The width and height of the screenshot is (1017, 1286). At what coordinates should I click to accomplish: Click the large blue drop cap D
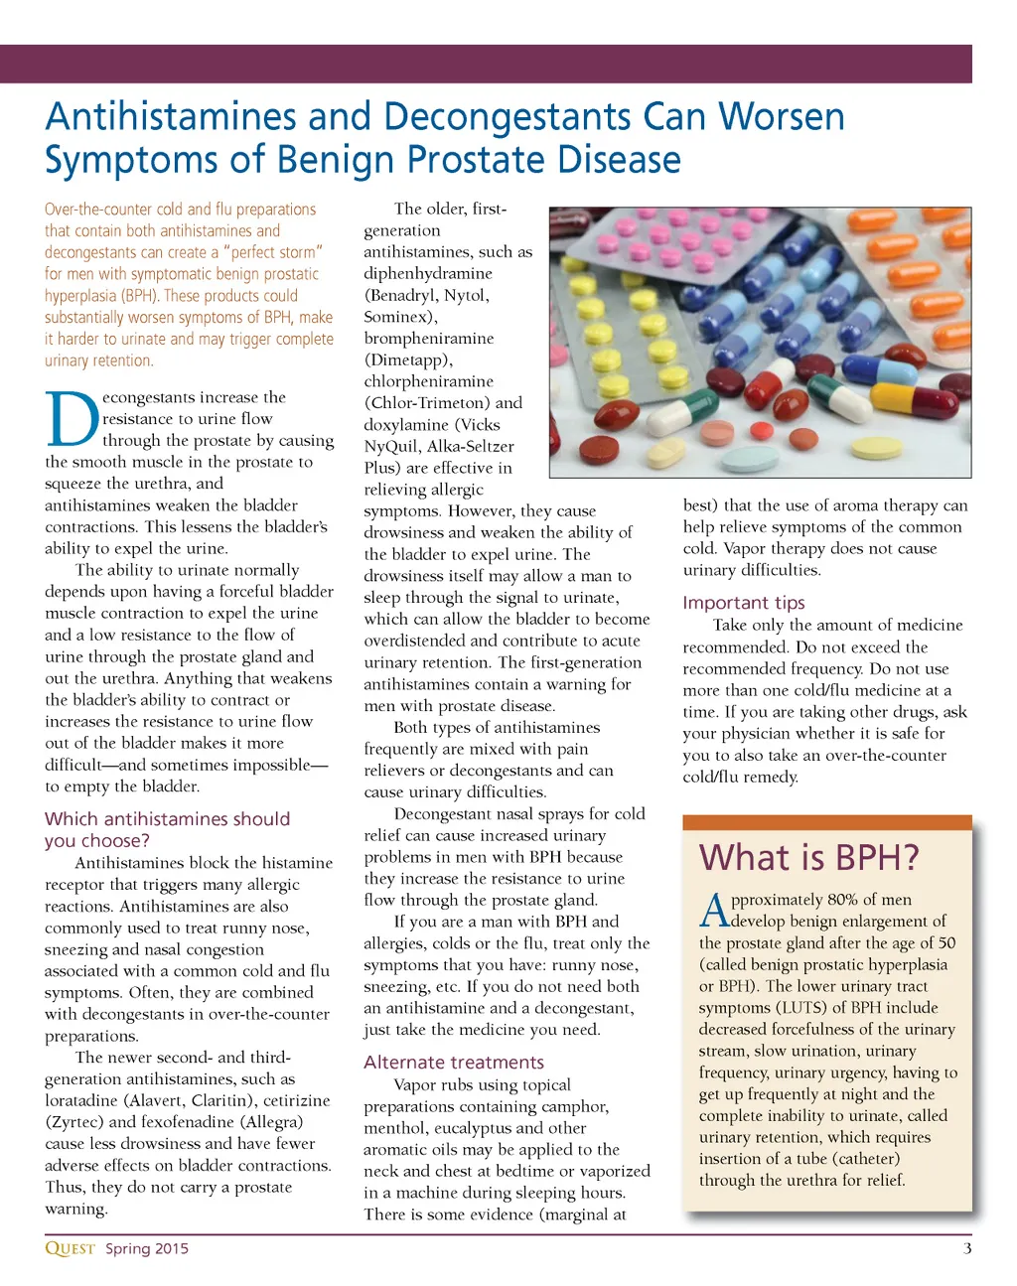coord(72,419)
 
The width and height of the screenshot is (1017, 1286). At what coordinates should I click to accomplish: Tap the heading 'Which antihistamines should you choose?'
coord(167,829)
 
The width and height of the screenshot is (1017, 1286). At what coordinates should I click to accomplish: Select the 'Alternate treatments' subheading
coord(454,1062)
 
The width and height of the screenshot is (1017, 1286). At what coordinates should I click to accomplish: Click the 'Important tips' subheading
coord(744,603)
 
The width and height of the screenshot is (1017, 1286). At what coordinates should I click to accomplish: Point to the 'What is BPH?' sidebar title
coord(808,857)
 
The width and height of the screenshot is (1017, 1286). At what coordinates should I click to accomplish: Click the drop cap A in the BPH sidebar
coord(714,910)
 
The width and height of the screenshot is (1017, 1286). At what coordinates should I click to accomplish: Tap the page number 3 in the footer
coord(966,1248)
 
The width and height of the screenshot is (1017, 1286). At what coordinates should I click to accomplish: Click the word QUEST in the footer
coord(70,1248)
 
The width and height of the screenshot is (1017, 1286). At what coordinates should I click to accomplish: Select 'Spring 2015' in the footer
coord(147,1248)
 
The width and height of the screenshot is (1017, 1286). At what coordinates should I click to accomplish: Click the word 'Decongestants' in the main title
coord(507,117)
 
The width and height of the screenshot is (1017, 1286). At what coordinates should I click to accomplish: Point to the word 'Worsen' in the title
coord(782,117)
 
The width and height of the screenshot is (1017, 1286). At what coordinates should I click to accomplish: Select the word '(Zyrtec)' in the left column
coord(74,1122)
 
